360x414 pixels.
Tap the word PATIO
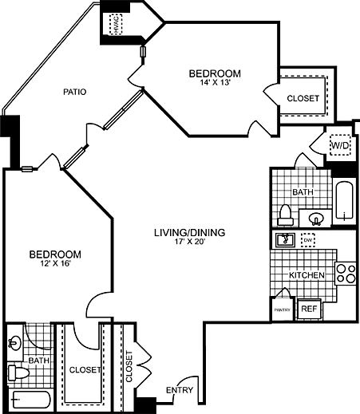[74, 92]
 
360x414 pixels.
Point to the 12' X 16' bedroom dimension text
[54, 266]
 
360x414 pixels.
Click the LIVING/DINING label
[189, 233]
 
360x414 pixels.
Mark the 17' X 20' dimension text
[189, 243]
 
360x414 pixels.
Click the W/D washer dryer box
[340, 147]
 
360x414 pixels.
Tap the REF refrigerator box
[308, 309]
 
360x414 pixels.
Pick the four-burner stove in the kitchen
[345, 274]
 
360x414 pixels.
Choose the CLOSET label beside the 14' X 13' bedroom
[303, 98]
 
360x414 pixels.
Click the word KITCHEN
[307, 274]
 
